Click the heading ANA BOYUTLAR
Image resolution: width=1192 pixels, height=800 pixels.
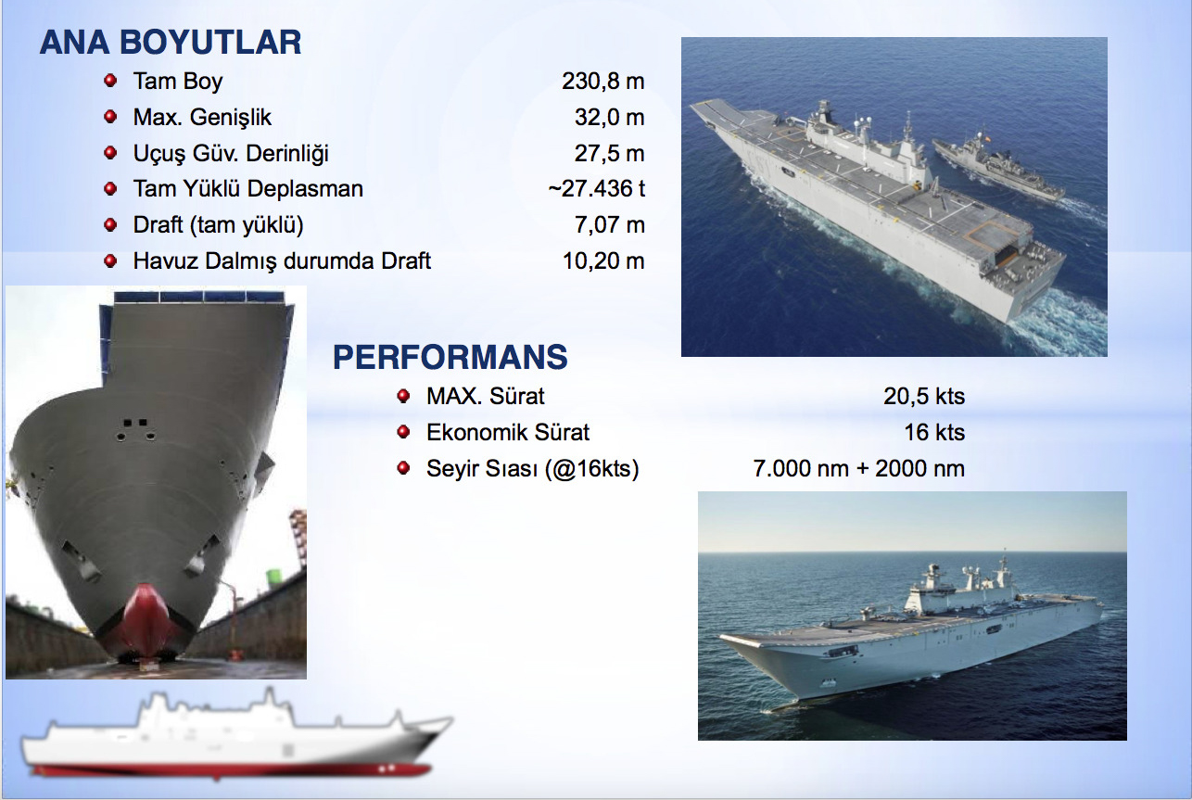171,43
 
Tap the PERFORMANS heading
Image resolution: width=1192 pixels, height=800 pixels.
450,357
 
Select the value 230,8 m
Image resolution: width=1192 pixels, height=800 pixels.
602,82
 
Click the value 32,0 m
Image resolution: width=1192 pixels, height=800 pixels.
609,117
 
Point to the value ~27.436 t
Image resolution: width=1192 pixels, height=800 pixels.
597,188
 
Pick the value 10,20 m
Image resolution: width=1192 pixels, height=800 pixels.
603,260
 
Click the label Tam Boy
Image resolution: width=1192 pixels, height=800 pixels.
178,82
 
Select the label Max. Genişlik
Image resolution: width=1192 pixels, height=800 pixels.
202,118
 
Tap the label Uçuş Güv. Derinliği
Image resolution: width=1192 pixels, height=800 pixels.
231,154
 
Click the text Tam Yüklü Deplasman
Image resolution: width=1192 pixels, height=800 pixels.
248,189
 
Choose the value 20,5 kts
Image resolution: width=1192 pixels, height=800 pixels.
924,397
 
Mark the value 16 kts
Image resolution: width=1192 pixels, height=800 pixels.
934,432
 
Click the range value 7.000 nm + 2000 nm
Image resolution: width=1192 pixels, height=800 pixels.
859,468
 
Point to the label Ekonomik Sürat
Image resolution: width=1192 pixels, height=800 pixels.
508,432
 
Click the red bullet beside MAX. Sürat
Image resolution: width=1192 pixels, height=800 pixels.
403,396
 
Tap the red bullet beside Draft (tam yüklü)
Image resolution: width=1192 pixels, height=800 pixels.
110,224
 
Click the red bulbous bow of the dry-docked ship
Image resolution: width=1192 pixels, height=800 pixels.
145,617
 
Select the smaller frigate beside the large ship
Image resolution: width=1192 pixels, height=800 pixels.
998,166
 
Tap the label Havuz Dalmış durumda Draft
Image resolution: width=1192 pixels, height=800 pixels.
282,261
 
